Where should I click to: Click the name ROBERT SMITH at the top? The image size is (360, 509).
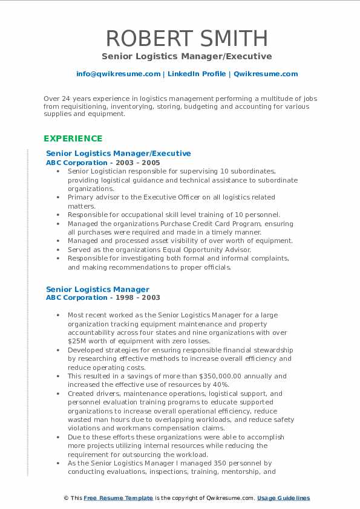click(186, 38)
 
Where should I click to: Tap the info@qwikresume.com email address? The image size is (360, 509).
click(118, 74)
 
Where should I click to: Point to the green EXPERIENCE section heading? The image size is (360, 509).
click(73, 138)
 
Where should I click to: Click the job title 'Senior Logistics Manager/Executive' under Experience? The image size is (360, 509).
click(119, 154)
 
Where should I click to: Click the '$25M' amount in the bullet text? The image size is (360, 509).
click(77, 342)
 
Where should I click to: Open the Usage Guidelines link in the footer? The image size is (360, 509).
click(283, 498)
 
